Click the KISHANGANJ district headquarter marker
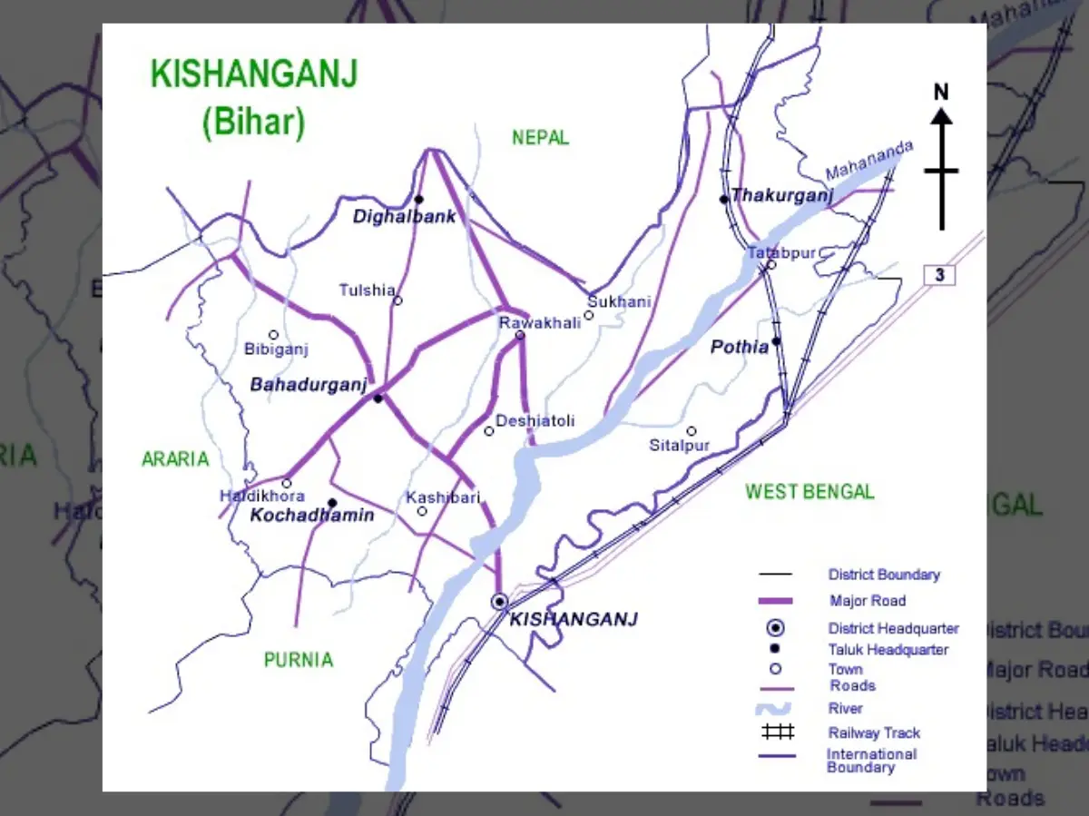[499, 601]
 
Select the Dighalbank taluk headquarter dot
[419, 200]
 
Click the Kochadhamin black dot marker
[332, 503]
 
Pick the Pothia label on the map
[740, 347]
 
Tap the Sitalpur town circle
[691, 431]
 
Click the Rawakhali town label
[540, 322]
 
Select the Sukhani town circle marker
[588, 316]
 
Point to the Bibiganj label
[277, 349]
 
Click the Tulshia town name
[367, 290]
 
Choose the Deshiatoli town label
[547, 421]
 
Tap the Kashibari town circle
[422, 511]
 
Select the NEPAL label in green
[540, 137]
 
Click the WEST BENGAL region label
[809, 492]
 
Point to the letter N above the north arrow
[941, 92]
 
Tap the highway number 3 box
[940, 274]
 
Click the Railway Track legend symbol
[777, 732]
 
